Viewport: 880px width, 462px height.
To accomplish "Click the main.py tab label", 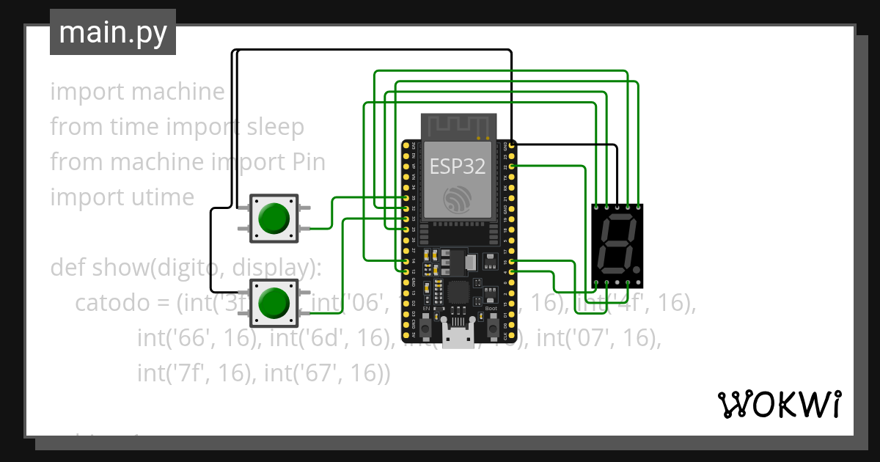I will (x=112, y=32).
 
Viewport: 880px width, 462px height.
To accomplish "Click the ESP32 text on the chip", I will (x=457, y=166).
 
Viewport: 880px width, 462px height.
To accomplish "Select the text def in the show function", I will (x=67, y=268).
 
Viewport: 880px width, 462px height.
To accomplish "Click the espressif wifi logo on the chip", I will (x=457, y=198).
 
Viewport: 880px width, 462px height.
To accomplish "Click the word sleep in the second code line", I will (x=274, y=127).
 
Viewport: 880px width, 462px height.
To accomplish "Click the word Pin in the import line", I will (x=305, y=162).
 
